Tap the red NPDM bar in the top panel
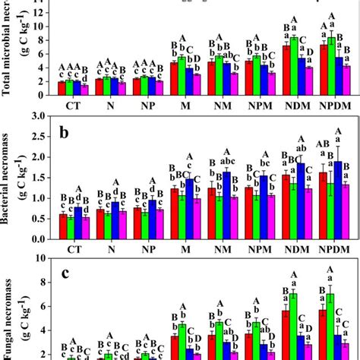pyautogui.click(x=324, y=69)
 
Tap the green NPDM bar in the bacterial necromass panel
pyautogui.click(x=330, y=205)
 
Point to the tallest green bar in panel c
pyautogui.click(x=330, y=327)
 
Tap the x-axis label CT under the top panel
pyautogui.click(x=74, y=104)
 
